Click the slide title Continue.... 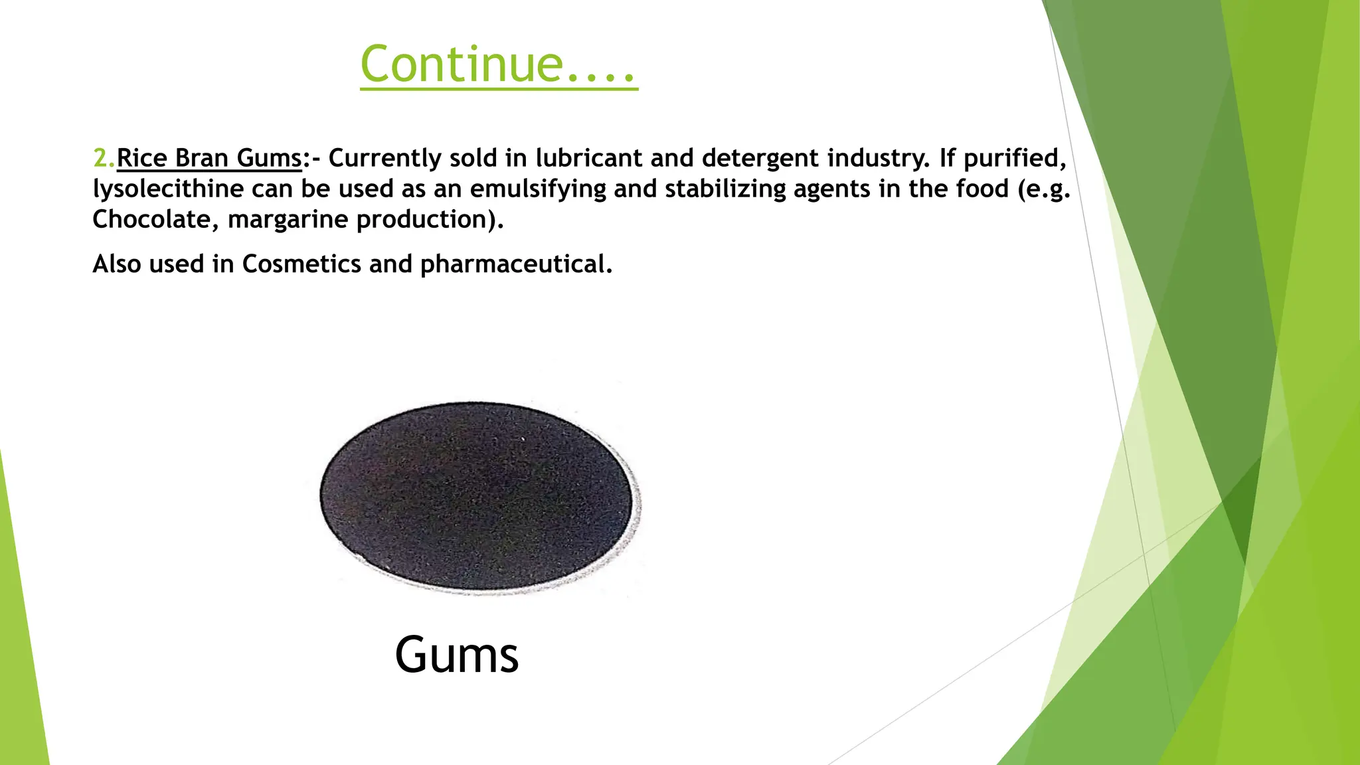tap(498, 64)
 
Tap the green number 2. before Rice tap(104, 158)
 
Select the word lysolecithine tap(168, 189)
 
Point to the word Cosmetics tap(301, 264)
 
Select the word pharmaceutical tap(515, 265)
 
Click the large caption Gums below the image tap(456, 655)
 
